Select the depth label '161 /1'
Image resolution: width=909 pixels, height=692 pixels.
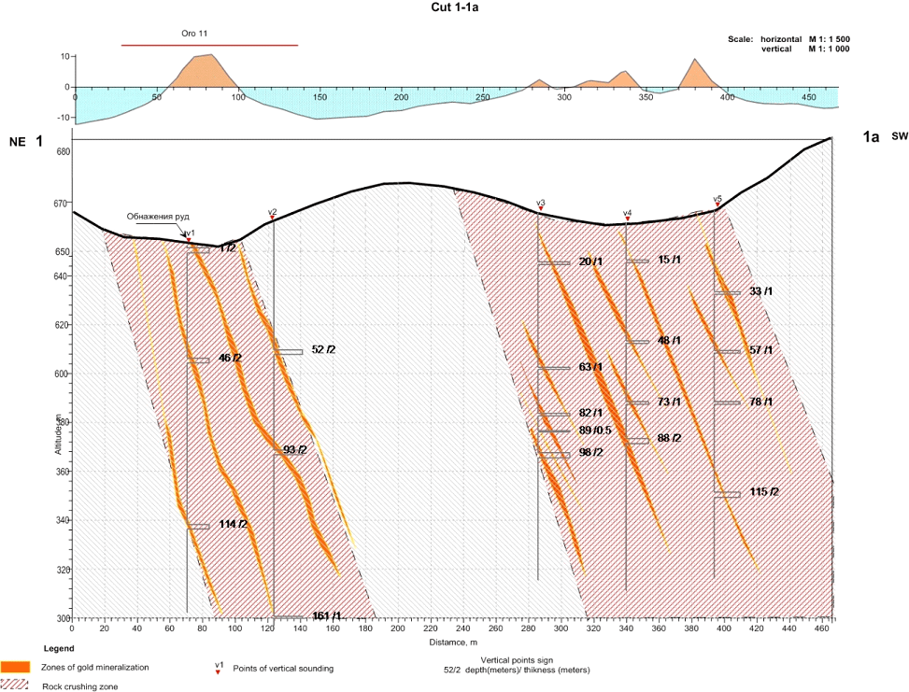(x=327, y=616)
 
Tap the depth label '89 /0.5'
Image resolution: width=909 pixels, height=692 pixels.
(x=595, y=431)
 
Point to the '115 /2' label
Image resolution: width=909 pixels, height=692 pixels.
(x=764, y=492)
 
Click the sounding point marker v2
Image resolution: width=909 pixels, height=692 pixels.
(x=273, y=218)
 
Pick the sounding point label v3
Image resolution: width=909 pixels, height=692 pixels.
(x=540, y=203)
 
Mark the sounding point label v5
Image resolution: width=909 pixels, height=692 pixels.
(x=717, y=198)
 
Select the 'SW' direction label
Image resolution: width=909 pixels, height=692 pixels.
(x=899, y=136)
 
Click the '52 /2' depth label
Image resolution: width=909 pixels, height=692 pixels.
(x=323, y=349)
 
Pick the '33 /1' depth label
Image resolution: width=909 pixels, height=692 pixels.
(x=761, y=291)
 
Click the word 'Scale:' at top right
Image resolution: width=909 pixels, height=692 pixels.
(x=741, y=39)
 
